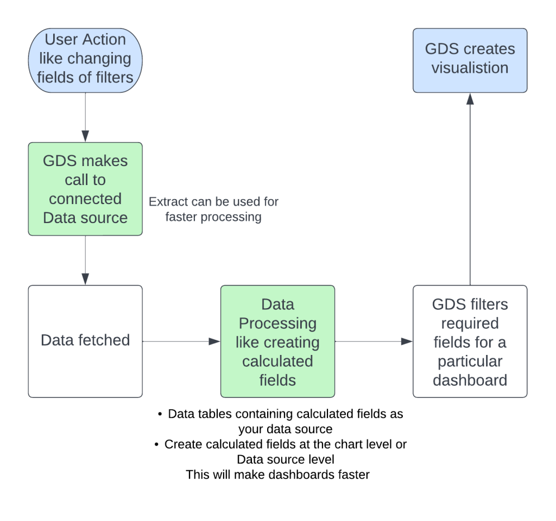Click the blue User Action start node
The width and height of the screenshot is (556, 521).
(x=85, y=60)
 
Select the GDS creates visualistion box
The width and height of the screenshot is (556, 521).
(x=470, y=60)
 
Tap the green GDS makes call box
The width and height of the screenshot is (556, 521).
(x=85, y=189)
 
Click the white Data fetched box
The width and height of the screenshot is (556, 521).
(x=85, y=341)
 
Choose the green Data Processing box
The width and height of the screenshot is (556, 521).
(x=277, y=341)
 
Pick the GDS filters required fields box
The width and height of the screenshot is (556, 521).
(x=470, y=341)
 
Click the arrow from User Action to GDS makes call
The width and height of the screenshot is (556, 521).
(x=85, y=117)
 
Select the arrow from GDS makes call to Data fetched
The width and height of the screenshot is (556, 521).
(x=85, y=260)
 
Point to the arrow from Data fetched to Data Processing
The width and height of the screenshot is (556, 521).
(x=181, y=341)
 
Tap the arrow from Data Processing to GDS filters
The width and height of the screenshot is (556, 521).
(x=374, y=341)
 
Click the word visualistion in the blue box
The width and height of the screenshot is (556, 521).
(x=470, y=68)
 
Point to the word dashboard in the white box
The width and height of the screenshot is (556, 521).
(x=470, y=379)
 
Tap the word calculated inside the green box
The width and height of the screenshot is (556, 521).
(x=277, y=361)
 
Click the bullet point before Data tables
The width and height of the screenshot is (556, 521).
(x=160, y=414)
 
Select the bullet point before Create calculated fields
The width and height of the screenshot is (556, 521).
(x=156, y=444)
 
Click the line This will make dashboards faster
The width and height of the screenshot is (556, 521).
(x=277, y=474)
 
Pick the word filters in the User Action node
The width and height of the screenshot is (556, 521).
(x=112, y=77)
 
